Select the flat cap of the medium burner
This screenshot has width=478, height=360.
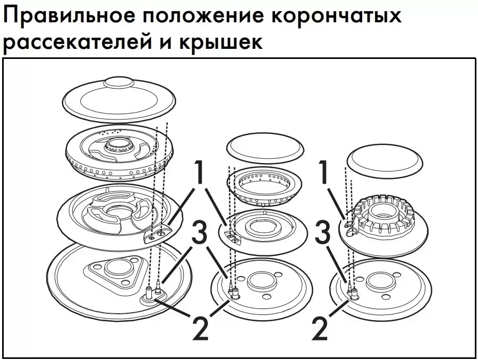click(266, 148)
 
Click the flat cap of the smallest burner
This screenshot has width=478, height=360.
click(385, 164)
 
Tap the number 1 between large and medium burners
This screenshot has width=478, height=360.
click(199, 172)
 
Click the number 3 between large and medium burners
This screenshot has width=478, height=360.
click(199, 233)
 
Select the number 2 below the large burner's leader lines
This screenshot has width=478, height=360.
click(200, 328)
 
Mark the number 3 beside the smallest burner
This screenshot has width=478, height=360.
click(322, 233)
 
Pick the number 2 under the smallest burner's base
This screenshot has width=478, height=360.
click(320, 328)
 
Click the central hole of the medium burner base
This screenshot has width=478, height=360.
click(261, 281)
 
